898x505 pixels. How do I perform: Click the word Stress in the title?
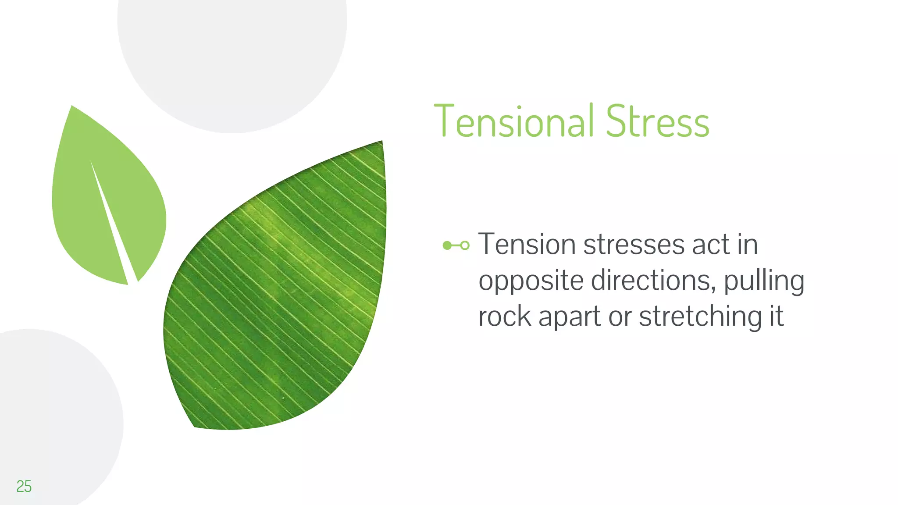pyautogui.click(x=657, y=121)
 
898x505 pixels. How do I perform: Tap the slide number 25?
pyautogui.click(x=24, y=486)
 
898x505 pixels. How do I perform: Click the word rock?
pyautogui.click(x=504, y=317)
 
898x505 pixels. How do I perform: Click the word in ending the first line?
pyautogui.click(x=748, y=245)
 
